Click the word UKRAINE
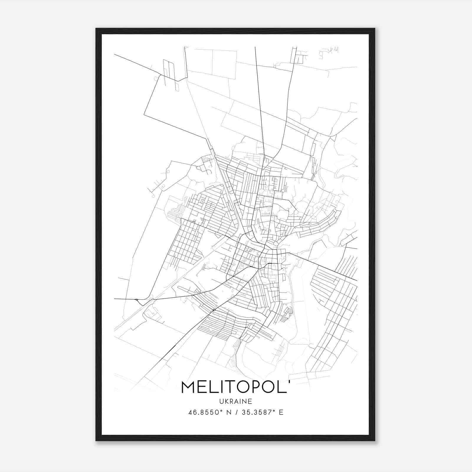tap(236, 401)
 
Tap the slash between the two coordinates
tap(236, 412)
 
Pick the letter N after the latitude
tap(228, 412)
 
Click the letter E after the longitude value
tap(281, 412)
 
